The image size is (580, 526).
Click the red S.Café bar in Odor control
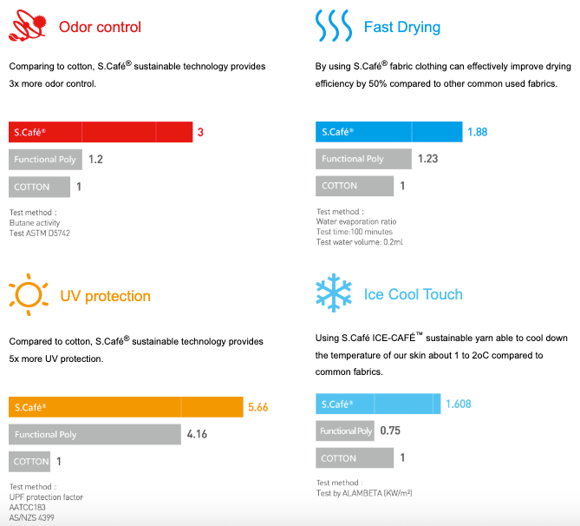point(101,132)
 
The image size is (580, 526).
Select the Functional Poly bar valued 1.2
point(45,160)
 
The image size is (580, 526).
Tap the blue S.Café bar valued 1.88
point(388,132)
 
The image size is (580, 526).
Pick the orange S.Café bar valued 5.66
point(126,407)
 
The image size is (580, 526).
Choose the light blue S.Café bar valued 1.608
point(377,404)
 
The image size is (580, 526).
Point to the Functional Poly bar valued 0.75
point(345,431)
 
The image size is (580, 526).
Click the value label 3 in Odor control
point(200,133)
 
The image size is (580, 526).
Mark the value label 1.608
point(458,404)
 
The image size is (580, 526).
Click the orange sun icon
point(29,294)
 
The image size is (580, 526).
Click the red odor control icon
point(27,28)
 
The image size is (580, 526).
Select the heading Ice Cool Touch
point(414,294)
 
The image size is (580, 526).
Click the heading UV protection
point(105,296)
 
